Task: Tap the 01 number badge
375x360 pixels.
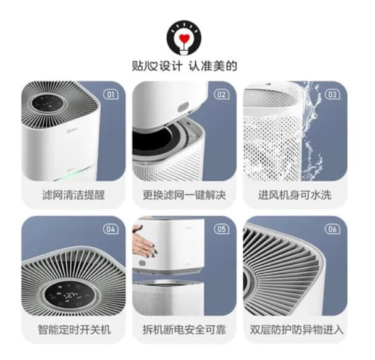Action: point(111,95)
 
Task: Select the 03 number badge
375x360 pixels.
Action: point(332,95)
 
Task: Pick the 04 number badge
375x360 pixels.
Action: point(111,229)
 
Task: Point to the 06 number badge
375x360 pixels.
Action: point(332,229)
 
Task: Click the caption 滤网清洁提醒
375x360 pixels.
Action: point(74,194)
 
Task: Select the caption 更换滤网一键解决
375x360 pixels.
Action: point(184,194)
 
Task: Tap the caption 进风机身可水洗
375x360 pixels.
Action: point(295,194)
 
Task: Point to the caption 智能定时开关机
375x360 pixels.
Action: point(74,329)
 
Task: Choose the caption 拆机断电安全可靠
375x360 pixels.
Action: point(184,329)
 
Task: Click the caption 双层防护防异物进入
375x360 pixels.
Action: point(295,329)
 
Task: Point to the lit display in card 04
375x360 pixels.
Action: point(70,294)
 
